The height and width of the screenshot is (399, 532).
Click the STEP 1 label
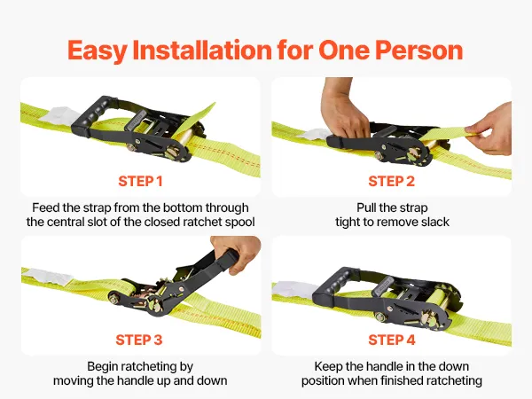140,181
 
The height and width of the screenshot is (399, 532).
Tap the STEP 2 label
392,181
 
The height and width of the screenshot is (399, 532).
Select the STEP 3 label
139,340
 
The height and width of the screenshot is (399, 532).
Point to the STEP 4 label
392,340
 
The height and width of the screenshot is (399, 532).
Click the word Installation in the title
202,51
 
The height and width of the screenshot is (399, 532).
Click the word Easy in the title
98,51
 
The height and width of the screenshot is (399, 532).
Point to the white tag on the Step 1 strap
60,115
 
